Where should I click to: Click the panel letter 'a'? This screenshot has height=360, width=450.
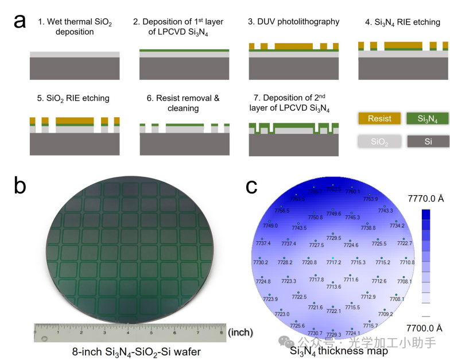[x=21, y=21]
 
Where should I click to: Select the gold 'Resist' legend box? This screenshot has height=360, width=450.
[x=379, y=119]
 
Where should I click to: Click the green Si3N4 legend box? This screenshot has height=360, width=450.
[x=428, y=119]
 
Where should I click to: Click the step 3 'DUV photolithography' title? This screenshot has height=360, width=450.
[x=293, y=22]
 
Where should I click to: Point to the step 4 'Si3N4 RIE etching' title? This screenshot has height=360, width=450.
[x=403, y=22]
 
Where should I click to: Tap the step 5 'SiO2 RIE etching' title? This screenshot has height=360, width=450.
[x=73, y=98]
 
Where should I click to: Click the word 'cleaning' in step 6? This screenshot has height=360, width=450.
[x=183, y=109]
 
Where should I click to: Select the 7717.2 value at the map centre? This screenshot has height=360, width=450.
[x=333, y=262]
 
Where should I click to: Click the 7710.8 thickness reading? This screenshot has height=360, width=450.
[x=406, y=262]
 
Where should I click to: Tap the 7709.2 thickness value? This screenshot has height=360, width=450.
[x=385, y=314]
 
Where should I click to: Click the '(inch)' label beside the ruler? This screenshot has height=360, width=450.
[x=240, y=332]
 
